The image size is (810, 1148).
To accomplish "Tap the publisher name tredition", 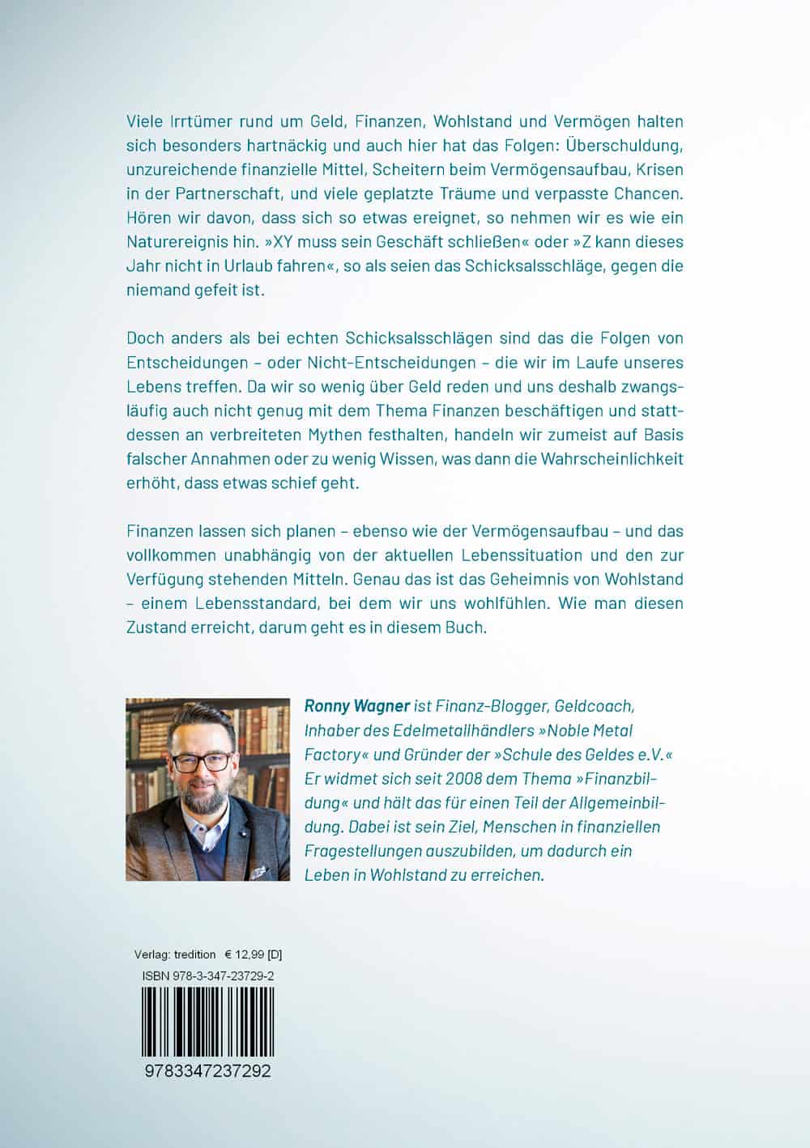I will click(194, 955).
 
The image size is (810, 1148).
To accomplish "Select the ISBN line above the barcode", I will click(207, 976).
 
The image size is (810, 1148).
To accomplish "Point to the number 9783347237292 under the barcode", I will click(207, 1071).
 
